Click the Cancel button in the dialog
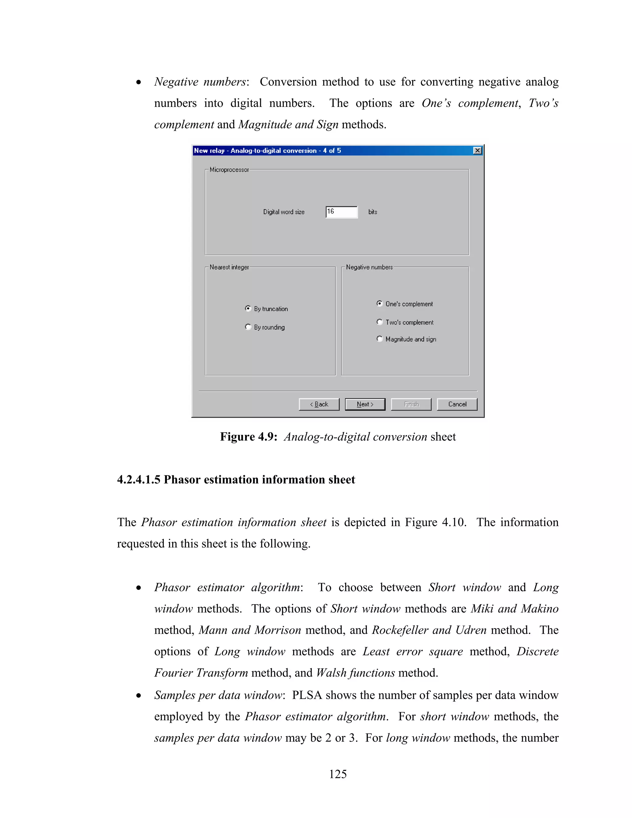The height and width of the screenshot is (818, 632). pyautogui.click(x=457, y=404)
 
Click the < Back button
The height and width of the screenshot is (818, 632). pyautogui.click(x=319, y=404)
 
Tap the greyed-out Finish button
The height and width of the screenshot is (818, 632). pyautogui.click(x=411, y=404)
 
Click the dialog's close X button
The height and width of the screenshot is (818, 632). pyautogui.click(x=477, y=151)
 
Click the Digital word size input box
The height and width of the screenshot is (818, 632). pyautogui.click(x=342, y=212)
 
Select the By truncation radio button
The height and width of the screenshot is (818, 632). pyautogui.click(x=248, y=308)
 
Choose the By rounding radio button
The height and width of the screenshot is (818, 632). pyautogui.click(x=248, y=327)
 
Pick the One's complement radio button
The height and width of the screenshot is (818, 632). pyautogui.click(x=379, y=303)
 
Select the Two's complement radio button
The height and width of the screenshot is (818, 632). pyautogui.click(x=379, y=322)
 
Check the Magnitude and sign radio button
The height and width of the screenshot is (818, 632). pyautogui.click(x=379, y=339)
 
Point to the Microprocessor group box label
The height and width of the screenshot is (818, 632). pyautogui.click(x=229, y=170)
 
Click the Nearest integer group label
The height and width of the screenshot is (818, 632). pyautogui.click(x=229, y=267)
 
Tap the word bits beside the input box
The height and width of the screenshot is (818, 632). pyautogui.click(x=372, y=212)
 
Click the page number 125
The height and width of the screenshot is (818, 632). pyautogui.click(x=338, y=774)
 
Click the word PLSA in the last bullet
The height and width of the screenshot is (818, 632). pyautogui.click(x=307, y=695)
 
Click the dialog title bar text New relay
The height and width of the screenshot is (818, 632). pyautogui.click(x=209, y=151)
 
